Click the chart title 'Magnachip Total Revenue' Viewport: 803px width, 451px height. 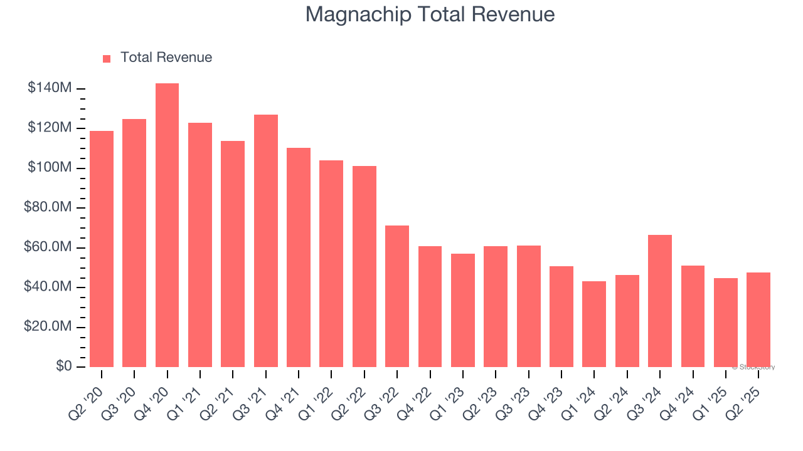pyautogui.click(x=430, y=14)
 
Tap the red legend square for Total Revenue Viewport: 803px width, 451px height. pyautogui.click(x=107, y=58)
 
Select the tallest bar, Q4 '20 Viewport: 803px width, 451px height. pyautogui.click(x=167, y=225)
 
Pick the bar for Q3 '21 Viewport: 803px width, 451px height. pyautogui.click(x=265, y=241)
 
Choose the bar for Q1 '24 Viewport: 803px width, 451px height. pyautogui.click(x=594, y=324)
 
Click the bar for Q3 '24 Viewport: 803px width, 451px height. pyautogui.click(x=660, y=301)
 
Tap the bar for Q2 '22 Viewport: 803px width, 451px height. pyautogui.click(x=364, y=266)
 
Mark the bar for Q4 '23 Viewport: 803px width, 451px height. pyautogui.click(x=561, y=316)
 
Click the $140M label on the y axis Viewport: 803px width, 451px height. pyautogui.click(x=50, y=88)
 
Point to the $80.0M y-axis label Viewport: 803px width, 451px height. pyautogui.click(x=48, y=207)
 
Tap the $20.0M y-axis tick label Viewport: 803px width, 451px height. pyautogui.click(x=48, y=327)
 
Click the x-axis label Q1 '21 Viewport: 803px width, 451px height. pyautogui.click(x=189, y=396)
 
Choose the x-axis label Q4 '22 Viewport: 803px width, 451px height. pyautogui.click(x=418, y=396)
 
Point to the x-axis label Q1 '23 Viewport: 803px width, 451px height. pyautogui.click(x=451, y=396)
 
